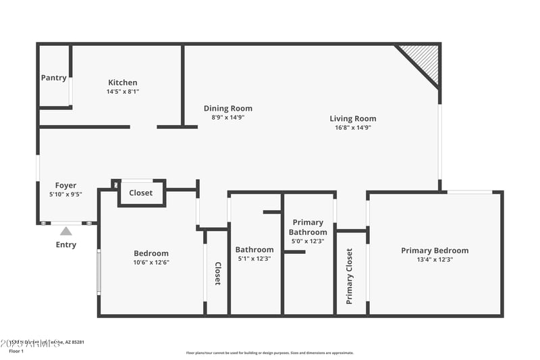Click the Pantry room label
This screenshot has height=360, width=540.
(54, 78)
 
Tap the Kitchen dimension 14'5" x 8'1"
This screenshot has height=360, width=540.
(122, 91)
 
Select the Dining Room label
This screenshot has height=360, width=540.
(228, 108)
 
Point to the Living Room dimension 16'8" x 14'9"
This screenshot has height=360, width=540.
(353, 127)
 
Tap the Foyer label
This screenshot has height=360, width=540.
(65, 185)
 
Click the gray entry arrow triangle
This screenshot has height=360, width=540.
(66, 231)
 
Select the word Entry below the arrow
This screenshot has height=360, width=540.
(66, 245)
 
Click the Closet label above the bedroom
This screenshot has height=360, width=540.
(141, 192)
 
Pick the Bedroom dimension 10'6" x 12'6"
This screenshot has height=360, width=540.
(151, 262)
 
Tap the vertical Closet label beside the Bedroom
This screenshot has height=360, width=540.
(217, 274)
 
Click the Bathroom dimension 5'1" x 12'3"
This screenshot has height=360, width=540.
(254, 258)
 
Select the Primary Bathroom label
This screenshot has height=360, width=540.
(308, 227)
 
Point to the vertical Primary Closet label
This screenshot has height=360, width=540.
(349, 276)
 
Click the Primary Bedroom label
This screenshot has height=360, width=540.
(435, 251)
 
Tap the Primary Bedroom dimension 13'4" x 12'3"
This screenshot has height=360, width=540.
(435, 259)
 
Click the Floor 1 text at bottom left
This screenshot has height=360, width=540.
(16, 351)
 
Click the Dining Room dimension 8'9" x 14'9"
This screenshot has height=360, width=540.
(228, 117)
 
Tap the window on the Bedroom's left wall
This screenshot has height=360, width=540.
(99, 272)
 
